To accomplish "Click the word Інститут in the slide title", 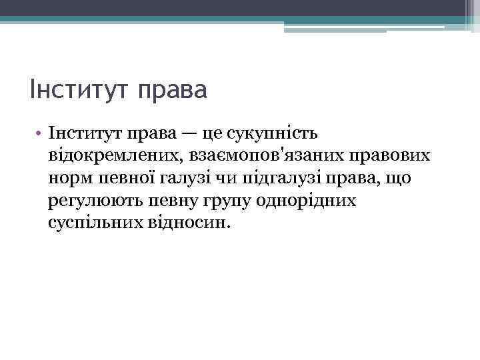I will click(x=79, y=89).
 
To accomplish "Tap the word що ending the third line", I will click(x=397, y=179).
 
